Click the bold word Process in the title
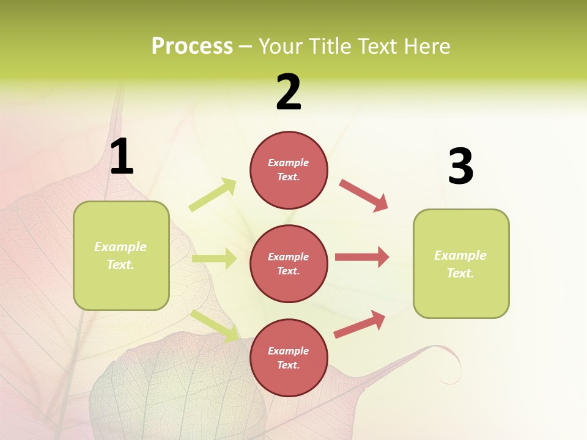point(192,46)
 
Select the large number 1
point(122,157)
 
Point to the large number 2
point(289,92)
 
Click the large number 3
point(460,167)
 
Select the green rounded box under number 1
point(121,255)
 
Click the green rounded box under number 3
point(461,263)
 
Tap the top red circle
point(289,170)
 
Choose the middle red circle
point(289,263)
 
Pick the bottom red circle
point(289,358)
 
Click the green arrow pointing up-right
point(213,195)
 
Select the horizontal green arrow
point(215,258)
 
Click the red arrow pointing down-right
point(363,196)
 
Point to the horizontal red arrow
point(362,257)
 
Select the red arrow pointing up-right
point(360,324)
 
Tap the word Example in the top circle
point(289,163)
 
